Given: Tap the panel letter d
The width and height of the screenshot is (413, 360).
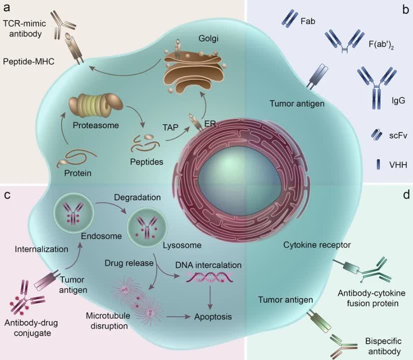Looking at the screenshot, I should click(405, 193).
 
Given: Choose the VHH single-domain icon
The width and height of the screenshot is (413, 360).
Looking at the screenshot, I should click(377, 164).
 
